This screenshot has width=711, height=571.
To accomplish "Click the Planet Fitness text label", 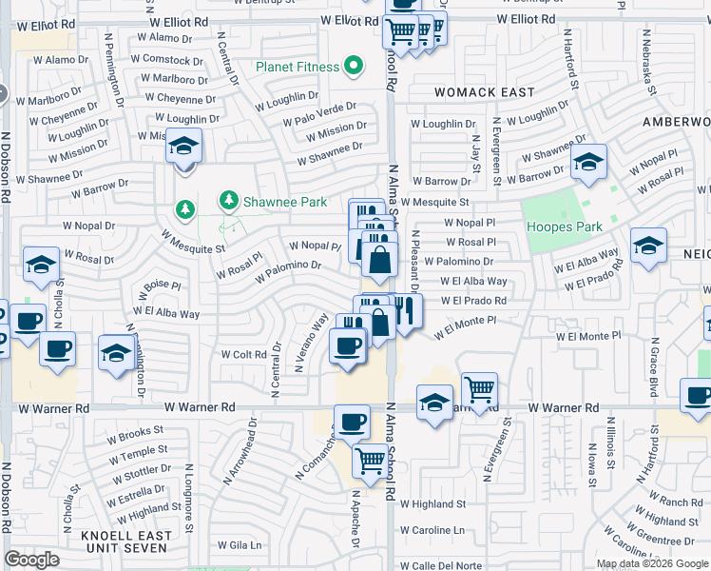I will click(297, 67).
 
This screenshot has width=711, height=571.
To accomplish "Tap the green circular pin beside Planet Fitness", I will click(354, 66).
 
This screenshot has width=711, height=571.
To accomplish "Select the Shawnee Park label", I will click(286, 202).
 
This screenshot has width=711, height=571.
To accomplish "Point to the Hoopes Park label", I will click(564, 226).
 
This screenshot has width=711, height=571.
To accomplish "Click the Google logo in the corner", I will click(31, 560).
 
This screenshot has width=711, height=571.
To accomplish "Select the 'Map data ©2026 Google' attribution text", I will click(652, 563).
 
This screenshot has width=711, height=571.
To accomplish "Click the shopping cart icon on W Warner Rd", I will click(480, 388).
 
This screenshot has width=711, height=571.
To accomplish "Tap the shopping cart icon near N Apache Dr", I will click(370, 461).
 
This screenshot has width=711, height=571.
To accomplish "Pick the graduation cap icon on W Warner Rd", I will click(434, 401).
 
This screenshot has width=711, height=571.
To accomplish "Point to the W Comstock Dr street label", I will click(165, 59).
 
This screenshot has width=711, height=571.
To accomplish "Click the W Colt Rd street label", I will click(243, 354).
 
